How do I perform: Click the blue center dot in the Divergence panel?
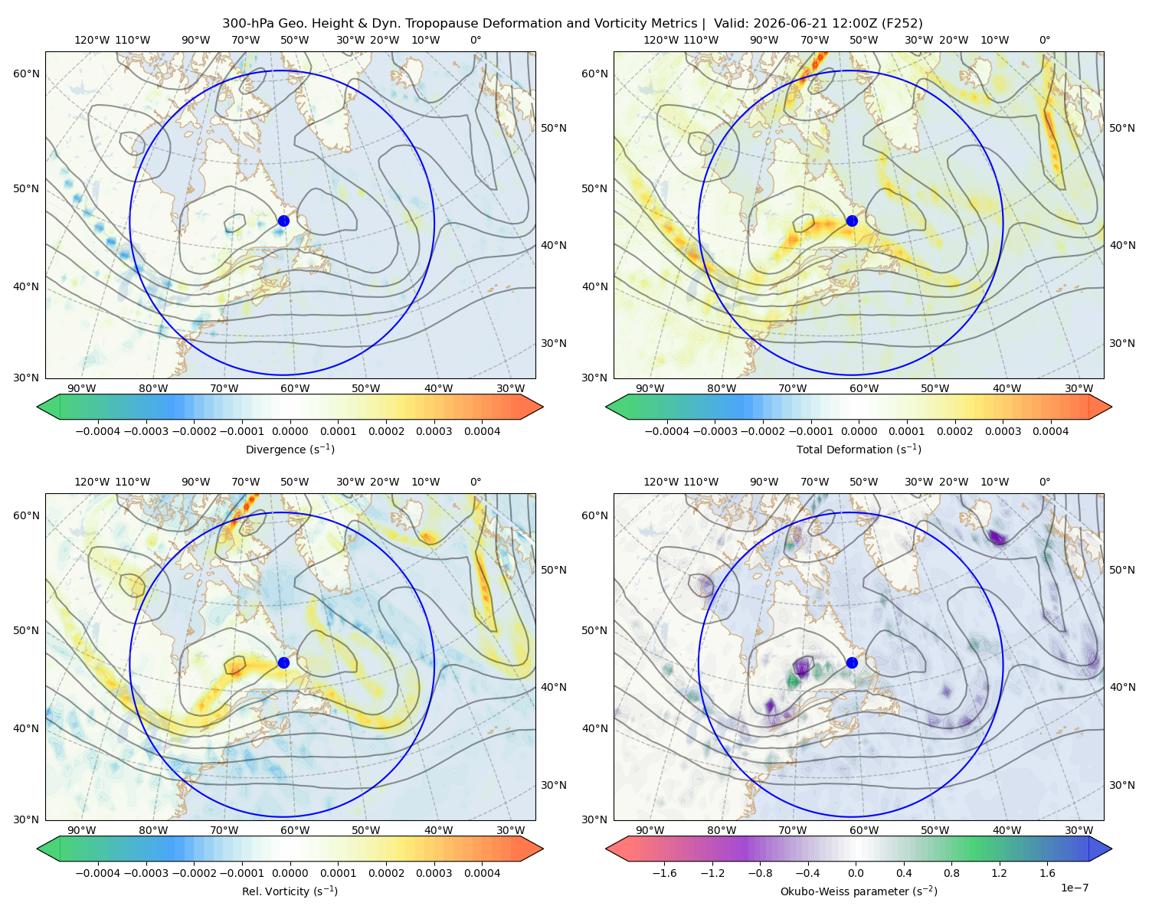click(283, 221)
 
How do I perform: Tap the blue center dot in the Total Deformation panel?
click(852, 221)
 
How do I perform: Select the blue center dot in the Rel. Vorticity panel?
click(283, 662)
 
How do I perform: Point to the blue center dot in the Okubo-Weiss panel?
click(852, 662)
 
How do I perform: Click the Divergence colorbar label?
click(290, 449)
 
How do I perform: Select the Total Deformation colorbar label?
click(859, 449)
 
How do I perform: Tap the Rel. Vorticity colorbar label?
click(290, 891)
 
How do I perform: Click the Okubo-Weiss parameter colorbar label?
click(859, 891)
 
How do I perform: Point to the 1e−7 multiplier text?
click(1074, 888)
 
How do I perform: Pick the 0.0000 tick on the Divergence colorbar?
click(290, 431)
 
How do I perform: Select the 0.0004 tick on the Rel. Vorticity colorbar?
click(482, 873)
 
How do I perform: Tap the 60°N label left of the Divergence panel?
click(26, 74)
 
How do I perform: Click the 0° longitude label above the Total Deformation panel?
click(1044, 40)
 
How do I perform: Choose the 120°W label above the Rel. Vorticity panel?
click(92, 482)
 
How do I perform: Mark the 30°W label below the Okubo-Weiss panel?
click(1079, 830)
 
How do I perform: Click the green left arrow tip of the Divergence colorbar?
click(38, 407)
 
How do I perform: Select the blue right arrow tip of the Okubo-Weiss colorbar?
click(1111, 849)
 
